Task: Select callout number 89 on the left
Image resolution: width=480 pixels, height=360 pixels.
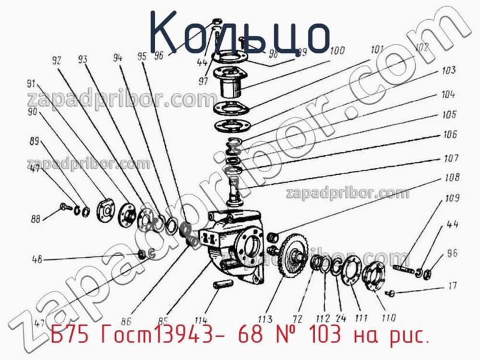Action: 34,142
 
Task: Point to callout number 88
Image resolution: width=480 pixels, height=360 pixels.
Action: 36,220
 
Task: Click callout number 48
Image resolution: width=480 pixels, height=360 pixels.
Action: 37,260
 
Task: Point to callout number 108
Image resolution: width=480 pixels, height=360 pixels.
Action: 452,178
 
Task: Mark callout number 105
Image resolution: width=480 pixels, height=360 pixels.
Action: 449,113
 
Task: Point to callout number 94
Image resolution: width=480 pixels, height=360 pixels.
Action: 117,59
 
